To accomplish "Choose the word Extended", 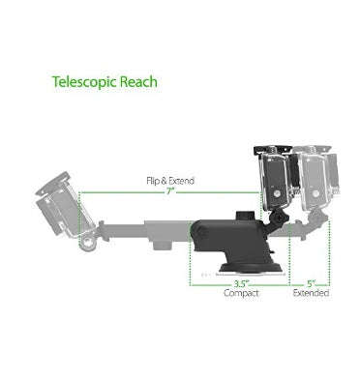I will point(311,293).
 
